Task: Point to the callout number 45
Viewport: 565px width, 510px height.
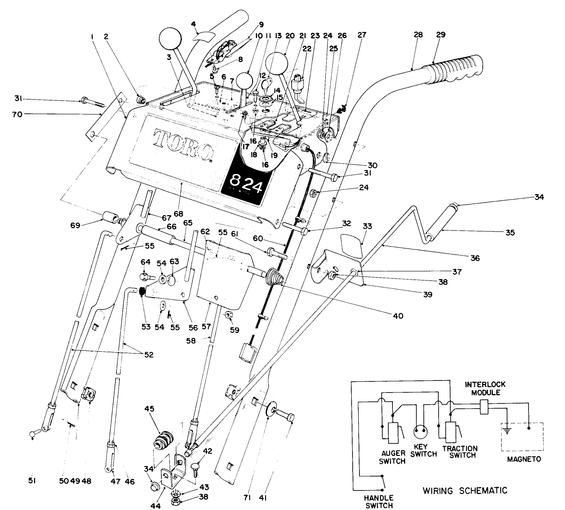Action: (x=162, y=409)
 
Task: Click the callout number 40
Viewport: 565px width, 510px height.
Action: (x=397, y=316)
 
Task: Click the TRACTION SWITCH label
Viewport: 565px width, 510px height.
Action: (x=459, y=452)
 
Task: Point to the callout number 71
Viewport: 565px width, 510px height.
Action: (x=250, y=498)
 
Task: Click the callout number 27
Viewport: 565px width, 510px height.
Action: (x=361, y=35)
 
